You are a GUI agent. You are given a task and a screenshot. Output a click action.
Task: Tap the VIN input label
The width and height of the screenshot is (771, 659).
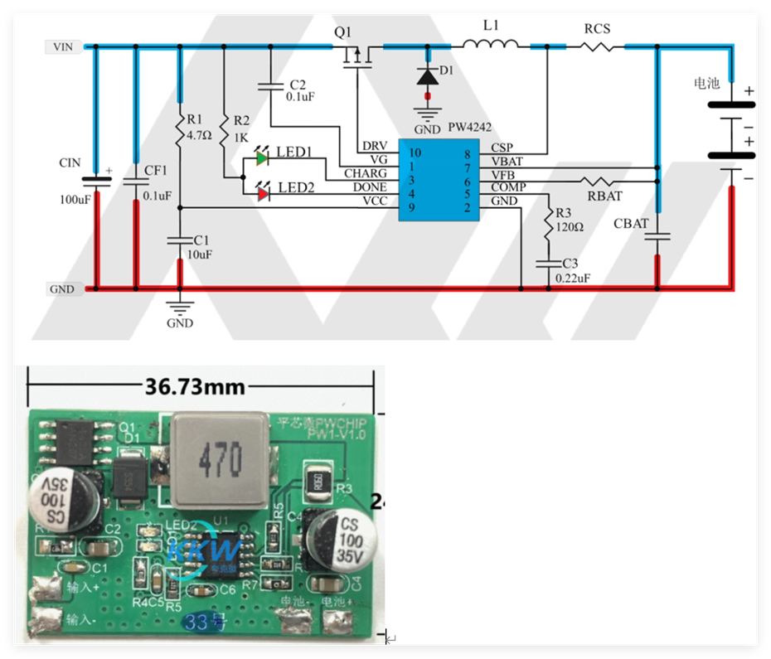point(63,47)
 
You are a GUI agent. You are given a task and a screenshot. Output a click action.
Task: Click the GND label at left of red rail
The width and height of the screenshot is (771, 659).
point(63,289)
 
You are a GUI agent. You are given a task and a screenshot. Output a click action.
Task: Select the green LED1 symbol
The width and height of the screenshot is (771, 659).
point(263,156)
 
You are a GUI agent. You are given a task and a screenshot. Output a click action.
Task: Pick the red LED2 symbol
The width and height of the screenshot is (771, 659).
point(263,193)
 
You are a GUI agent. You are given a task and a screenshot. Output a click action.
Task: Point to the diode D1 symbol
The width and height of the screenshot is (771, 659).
point(428,77)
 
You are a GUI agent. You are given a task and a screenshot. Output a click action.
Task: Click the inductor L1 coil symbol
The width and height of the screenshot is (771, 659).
point(491,45)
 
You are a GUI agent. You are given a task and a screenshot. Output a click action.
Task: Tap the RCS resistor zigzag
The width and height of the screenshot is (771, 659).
point(597,47)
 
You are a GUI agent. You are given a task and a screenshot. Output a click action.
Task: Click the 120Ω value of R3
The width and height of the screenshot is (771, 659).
point(570,225)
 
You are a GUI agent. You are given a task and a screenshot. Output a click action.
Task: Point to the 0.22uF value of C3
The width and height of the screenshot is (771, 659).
point(573,279)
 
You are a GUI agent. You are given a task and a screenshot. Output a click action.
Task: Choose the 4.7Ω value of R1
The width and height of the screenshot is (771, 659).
point(200,134)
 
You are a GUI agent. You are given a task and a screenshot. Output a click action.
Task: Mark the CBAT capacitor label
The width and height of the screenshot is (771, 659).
point(631,224)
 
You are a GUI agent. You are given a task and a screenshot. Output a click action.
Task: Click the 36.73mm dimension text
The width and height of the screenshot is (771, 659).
point(195,386)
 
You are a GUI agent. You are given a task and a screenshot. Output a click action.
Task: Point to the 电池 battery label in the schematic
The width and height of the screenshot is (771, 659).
point(706,84)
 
